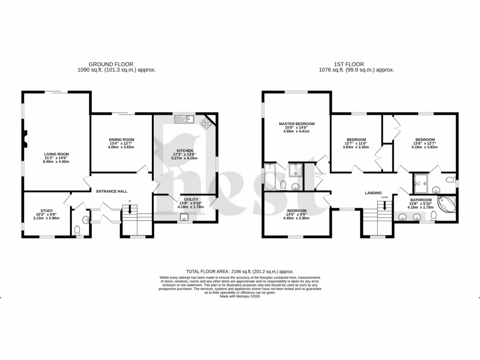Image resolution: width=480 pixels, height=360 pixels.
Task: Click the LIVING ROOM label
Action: (x=57, y=154)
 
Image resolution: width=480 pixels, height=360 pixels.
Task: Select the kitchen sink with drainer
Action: (x=184, y=120)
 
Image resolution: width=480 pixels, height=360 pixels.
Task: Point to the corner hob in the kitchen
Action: (x=206, y=123)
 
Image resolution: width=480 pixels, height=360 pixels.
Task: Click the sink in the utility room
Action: (x=184, y=217)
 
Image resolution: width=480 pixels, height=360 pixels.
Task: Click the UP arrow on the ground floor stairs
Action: (x=129, y=210)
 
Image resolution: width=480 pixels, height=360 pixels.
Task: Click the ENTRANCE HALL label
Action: (x=112, y=191)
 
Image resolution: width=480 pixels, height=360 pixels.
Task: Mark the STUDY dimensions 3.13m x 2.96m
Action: (x=46, y=218)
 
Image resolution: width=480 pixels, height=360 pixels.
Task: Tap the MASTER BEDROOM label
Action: (x=297, y=124)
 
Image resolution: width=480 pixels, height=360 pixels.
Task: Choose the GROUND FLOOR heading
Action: (x=111, y=64)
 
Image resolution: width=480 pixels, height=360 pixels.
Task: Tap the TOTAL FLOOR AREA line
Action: (x=240, y=271)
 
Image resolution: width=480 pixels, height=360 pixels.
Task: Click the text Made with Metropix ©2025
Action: (x=240, y=297)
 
